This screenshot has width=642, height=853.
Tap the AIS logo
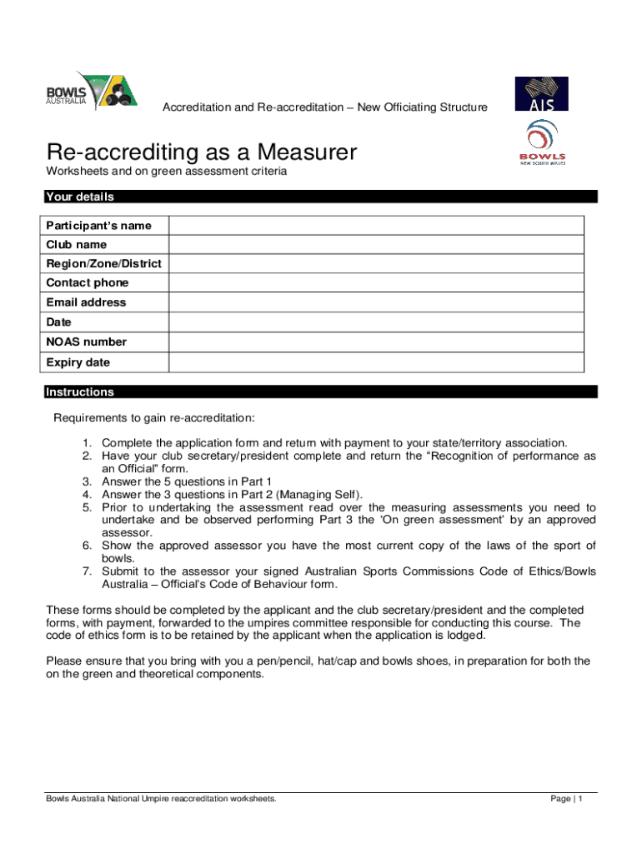click(541, 93)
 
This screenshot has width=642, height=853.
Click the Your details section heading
click(80, 197)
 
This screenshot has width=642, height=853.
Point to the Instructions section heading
click(80, 392)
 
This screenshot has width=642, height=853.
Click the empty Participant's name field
click(376, 226)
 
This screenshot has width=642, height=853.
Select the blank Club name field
click(376, 245)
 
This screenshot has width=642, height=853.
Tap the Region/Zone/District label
click(104, 264)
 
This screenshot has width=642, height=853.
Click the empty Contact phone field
click(376, 283)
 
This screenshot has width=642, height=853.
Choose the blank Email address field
click(376, 302)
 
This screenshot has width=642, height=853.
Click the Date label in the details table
click(59, 322)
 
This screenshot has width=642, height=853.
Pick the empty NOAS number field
click(376, 342)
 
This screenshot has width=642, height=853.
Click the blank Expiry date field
click(376, 362)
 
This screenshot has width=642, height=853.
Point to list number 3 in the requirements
click(86, 481)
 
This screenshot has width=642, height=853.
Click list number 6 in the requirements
click(86, 546)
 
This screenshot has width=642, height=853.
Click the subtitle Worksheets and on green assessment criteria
click(167, 172)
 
